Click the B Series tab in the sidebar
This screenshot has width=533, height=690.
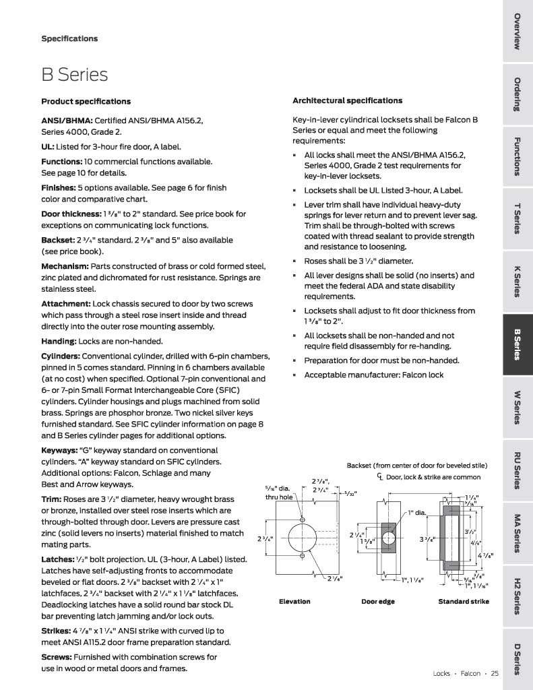(x=517, y=344)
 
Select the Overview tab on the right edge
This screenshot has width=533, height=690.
(x=517, y=31)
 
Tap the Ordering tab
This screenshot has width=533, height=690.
(x=517, y=95)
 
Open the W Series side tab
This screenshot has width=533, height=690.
(x=517, y=407)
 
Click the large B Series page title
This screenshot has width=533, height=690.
(x=74, y=73)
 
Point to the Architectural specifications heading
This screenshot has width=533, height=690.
(x=347, y=100)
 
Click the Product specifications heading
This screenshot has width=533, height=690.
(x=86, y=101)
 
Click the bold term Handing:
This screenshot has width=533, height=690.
(x=59, y=341)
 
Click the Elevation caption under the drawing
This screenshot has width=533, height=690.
(x=294, y=602)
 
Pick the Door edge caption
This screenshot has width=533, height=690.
(x=378, y=602)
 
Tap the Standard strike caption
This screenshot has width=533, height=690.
(x=464, y=602)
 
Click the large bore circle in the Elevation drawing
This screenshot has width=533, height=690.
(x=302, y=540)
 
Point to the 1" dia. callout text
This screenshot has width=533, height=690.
(x=418, y=513)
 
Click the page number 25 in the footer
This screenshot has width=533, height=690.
(x=495, y=672)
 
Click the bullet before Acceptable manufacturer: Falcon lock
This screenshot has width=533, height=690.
(x=295, y=375)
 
